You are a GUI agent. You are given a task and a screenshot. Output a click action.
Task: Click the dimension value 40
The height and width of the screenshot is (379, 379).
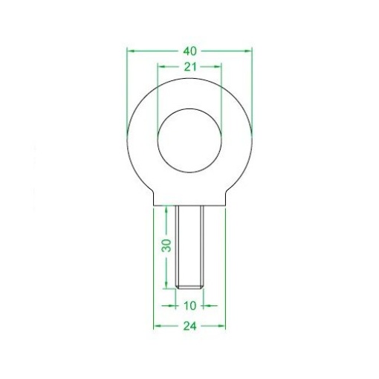click(189, 51)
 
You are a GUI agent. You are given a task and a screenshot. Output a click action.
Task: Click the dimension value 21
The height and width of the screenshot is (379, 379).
click(189, 67)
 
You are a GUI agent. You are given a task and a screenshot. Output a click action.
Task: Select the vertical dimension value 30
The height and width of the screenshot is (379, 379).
click(167, 244)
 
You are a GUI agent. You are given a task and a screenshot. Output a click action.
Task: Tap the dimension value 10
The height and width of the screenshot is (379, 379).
click(189, 305)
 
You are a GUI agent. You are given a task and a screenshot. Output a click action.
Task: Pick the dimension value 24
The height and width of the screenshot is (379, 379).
click(189, 326)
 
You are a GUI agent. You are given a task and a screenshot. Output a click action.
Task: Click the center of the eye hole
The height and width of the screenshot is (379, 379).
click(189, 141)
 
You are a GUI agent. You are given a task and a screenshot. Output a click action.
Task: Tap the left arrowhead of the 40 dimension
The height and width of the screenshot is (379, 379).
click(131, 51)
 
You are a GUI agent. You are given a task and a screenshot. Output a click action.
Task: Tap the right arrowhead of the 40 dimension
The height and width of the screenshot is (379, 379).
click(249, 51)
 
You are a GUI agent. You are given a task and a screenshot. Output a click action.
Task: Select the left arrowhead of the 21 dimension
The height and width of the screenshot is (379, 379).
click(161, 67)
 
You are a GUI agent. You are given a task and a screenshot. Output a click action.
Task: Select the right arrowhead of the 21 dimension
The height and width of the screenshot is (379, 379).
click(219, 67)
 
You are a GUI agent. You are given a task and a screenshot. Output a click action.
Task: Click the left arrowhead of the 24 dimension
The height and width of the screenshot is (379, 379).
click(156, 326)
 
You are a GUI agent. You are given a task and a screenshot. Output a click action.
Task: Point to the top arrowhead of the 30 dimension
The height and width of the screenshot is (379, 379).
click(167, 210)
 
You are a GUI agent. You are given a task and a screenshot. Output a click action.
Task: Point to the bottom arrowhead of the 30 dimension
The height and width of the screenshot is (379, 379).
click(167, 284)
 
